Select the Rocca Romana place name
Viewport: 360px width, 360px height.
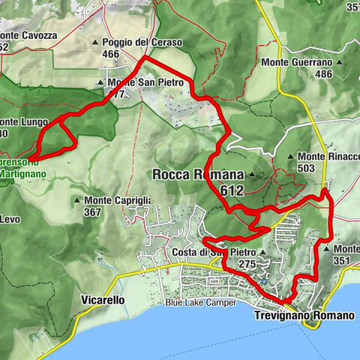pyautogui.click(x=198, y=175)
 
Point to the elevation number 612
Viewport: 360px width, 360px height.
pyautogui.click(x=232, y=191)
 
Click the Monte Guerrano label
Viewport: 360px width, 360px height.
pyautogui.click(x=296, y=63)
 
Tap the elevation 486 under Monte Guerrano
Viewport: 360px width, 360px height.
pyautogui.click(x=324, y=74)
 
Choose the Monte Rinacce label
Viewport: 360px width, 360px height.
pyautogui.click(x=330, y=157)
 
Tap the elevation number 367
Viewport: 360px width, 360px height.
pyautogui.click(x=92, y=212)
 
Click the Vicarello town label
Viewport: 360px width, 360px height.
pyautogui.click(x=101, y=300)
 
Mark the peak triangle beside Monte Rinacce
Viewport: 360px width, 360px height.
pyautogui.click(x=291, y=157)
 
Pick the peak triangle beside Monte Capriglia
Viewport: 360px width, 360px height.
pyautogui.click(x=77, y=200)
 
